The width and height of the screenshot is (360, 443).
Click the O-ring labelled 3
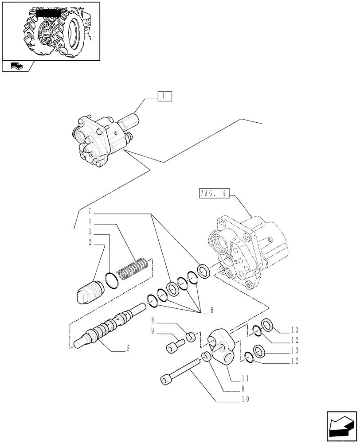(111, 280)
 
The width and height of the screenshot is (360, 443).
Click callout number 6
(211, 310)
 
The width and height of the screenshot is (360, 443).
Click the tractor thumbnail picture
(50, 30)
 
